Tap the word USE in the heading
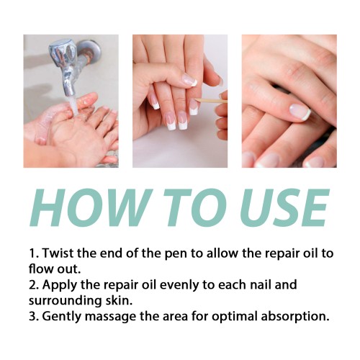coord(285,208)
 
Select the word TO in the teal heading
coord(196,208)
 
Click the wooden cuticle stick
coord(210,100)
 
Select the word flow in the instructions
coord(40,269)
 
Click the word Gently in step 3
coord(62,317)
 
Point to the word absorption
coord(295,317)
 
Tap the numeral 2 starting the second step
coord(32,285)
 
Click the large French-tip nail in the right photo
coord(300,112)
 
